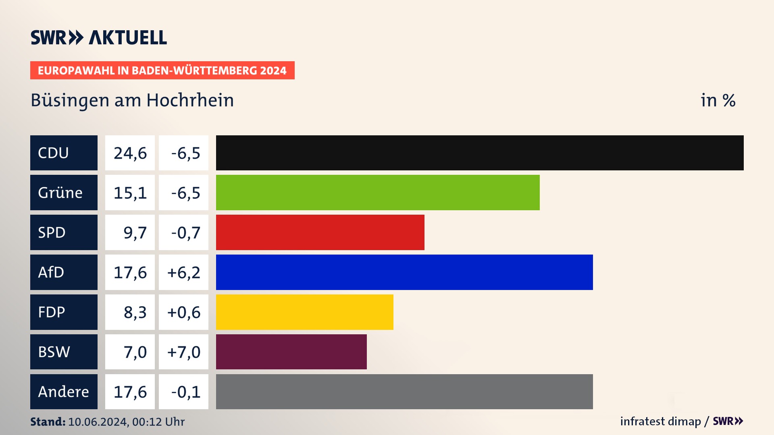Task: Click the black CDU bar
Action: pos(480,153)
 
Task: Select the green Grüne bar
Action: pos(378,193)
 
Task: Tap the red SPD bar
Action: pos(320,232)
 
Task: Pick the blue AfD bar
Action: pos(404,272)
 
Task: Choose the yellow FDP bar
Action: pos(304,312)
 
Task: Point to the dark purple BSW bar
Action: pos(291,352)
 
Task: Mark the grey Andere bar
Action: pos(404,391)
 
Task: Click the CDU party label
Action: pos(64,153)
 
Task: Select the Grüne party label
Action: pos(64,193)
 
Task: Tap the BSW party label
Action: pos(64,352)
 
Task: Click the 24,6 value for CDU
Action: pos(130,153)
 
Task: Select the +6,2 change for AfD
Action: pos(184,272)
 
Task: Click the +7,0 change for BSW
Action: pos(184,352)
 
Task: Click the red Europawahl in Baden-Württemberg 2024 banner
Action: pos(162,70)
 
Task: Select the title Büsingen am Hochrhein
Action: pos(132,100)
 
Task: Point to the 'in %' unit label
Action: pos(718,100)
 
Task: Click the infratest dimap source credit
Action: pos(660,421)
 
